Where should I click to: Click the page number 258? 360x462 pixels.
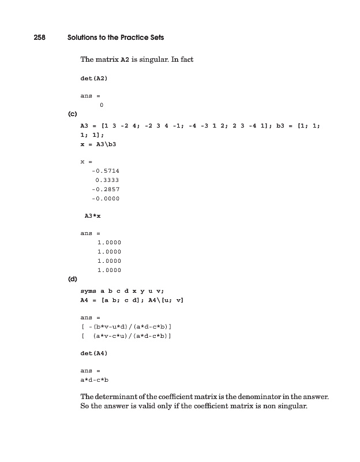pyautogui.click(x=39, y=37)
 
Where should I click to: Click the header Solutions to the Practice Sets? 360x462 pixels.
pyautogui.click(x=115, y=37)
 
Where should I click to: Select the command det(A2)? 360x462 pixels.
pyautogui.click(x=94, y=77)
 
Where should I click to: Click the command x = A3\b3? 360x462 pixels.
pyautogui.click(x=99, y=142)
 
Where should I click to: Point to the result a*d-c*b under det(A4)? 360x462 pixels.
pyautogui.click(x=95, y=380)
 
